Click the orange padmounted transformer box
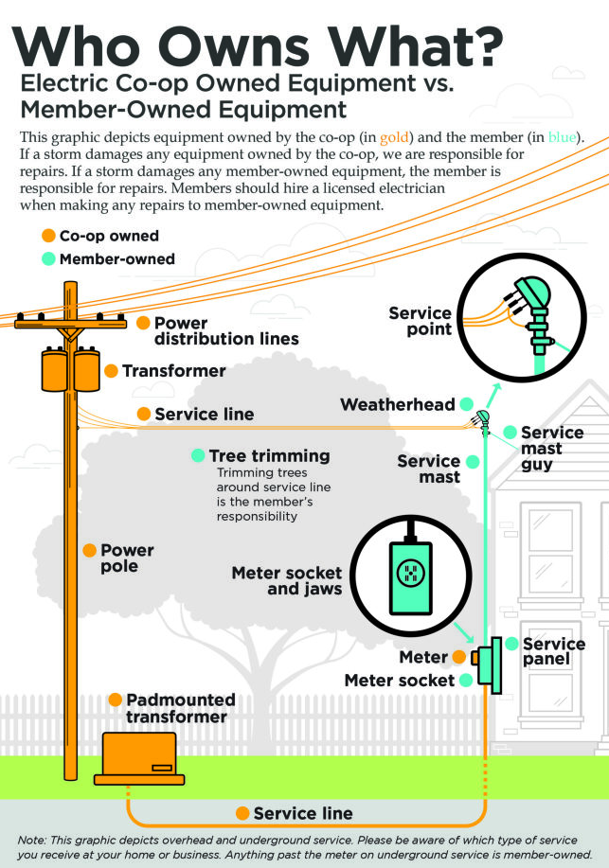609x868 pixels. [135, 756]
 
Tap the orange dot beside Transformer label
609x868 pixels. [111, 371]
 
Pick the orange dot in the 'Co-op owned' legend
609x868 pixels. [46, 236]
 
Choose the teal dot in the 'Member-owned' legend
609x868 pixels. [46, 258]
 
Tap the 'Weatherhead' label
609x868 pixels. [398, 405]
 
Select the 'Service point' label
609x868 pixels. [420, 322]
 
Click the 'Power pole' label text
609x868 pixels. [127, 558]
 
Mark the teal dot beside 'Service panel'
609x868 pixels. [511, 644]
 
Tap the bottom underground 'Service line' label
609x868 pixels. [303, 813]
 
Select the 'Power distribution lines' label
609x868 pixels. [226, 330]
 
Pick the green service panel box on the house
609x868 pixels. [492, 663]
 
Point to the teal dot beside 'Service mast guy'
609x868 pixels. [510, 433]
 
